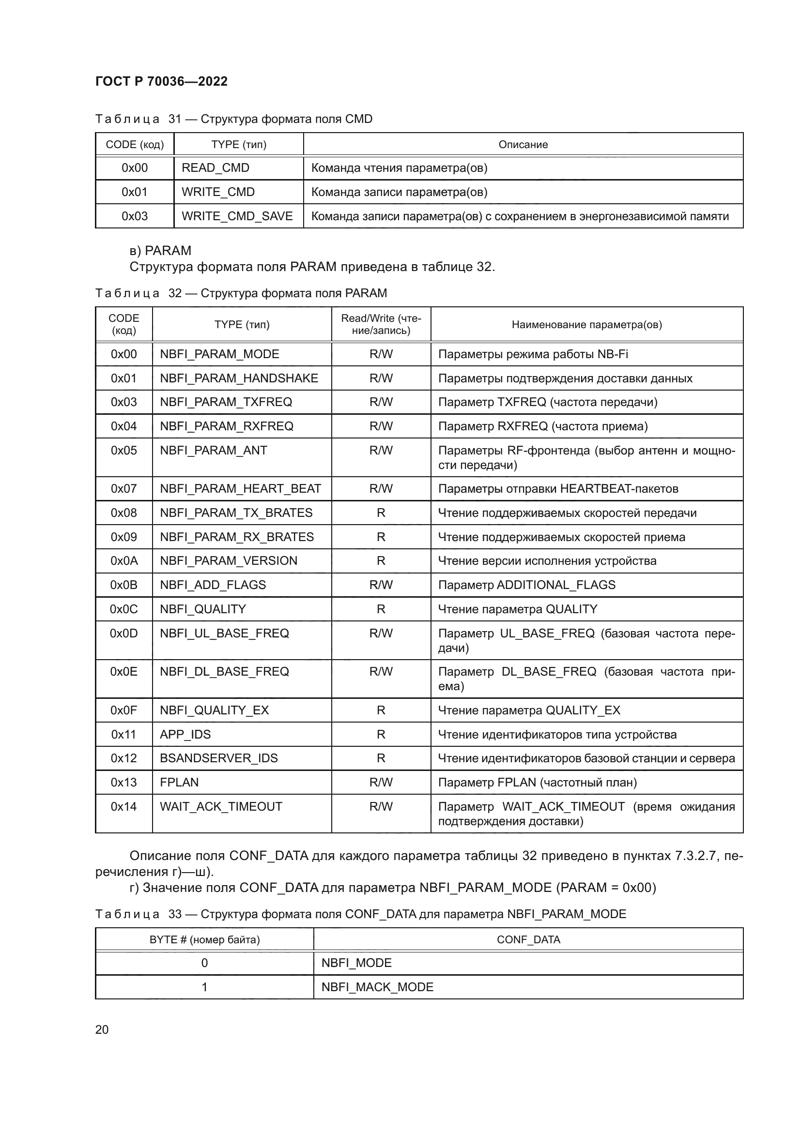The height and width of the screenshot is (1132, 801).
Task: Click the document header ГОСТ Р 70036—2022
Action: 161,81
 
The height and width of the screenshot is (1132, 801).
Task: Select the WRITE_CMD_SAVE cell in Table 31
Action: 237,216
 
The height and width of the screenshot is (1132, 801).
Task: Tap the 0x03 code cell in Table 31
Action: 134,216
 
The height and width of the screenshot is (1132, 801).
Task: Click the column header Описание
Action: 523,144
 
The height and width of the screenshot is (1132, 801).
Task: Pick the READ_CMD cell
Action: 216,167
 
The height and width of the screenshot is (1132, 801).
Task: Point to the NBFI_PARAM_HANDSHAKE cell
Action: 239,378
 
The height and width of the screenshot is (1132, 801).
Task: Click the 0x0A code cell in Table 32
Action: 124,560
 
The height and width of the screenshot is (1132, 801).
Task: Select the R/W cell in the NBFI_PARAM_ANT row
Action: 381,450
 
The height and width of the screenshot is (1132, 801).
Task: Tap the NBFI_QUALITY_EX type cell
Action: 214,710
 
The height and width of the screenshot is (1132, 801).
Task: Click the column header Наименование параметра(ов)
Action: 586,324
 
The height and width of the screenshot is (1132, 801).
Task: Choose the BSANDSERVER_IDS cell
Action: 218,758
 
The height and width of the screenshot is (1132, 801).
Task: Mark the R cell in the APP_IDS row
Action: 381,734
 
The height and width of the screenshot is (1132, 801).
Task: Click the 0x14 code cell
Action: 124,806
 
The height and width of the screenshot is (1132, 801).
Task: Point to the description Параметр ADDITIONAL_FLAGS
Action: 527,585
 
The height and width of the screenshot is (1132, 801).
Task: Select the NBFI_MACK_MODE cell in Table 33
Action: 377,987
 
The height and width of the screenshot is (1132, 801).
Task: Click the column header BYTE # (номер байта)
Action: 204,940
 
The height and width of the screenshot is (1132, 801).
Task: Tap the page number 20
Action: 102,1029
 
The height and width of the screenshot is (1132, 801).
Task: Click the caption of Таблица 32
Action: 241,293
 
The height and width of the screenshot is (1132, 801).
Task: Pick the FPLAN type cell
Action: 179,782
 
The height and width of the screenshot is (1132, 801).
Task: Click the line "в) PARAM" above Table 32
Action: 160,251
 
